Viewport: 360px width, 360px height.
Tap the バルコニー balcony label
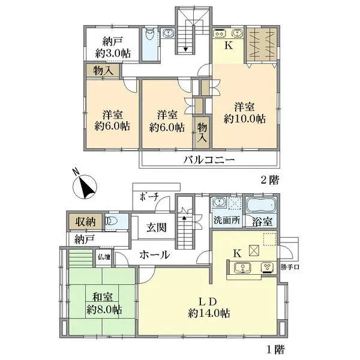click(x=208, y=160)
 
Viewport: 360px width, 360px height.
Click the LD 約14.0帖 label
click(x=209, y=307)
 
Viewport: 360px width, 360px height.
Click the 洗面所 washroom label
click(x=227, y=220)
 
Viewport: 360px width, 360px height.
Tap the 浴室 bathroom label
click(x=263, y=220)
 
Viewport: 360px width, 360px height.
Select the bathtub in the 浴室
click(x=263, y=205)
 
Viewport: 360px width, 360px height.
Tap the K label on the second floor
click(x=229, y=44)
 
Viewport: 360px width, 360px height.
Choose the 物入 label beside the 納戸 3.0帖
click(x=103, y=71)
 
